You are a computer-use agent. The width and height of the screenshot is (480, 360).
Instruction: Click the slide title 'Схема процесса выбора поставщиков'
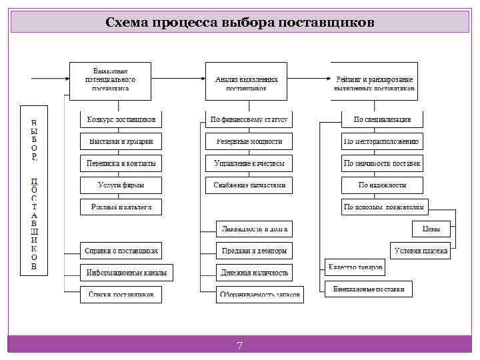click(x=240, y=23)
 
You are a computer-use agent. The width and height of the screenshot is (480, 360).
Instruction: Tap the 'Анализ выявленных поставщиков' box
click(x=246, y=81)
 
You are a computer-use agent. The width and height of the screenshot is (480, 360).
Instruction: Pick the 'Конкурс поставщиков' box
click(x=121, y=120)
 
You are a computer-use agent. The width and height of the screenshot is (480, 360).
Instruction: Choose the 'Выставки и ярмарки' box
click(x=121, y=141)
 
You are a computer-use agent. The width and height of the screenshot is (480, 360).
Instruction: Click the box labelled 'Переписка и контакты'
click(x=121, y=163)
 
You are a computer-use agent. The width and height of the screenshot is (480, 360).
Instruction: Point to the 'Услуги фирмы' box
click(x=121, y=185)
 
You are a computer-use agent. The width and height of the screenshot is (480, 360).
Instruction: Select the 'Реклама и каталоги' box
click(x=121, y=207)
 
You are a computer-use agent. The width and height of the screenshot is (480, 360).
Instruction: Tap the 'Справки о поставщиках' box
click(x=121, y=251)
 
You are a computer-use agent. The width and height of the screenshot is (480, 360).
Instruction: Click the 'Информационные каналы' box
click(x=127, y=273)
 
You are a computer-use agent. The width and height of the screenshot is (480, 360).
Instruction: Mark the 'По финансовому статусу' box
click(x=249, y=120)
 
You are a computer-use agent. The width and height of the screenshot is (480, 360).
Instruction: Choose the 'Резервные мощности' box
click(x=249, y=141)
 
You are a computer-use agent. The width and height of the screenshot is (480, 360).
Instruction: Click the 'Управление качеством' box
click(x=249, y=163)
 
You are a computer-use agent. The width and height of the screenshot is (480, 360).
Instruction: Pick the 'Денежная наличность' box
click(x=255, y=273)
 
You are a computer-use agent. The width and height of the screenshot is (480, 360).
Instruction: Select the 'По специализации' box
click(x=382, y=120)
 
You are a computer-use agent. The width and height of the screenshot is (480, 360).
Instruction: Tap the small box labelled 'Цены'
click(x=431, y=229)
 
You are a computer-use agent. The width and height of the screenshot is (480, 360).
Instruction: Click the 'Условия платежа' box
click(x=421, y=251)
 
